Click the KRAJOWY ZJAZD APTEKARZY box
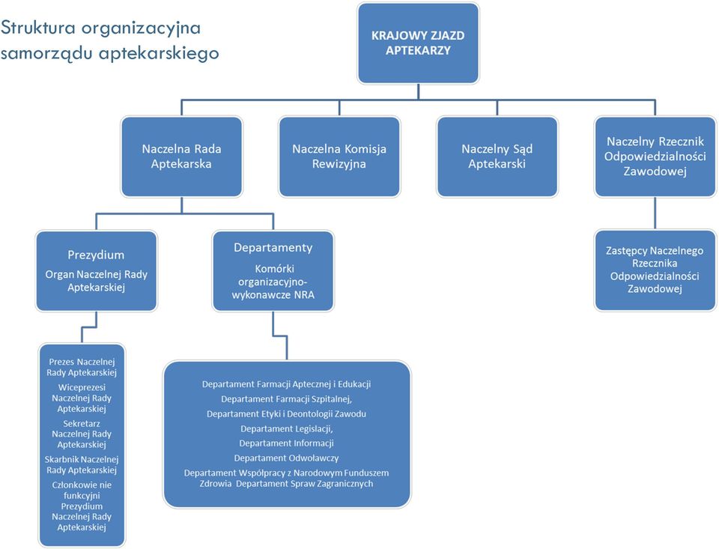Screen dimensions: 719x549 tap(418, 43)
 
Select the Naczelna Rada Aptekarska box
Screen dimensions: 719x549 tap(181, 157)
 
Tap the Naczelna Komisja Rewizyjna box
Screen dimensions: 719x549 tap(339, 157)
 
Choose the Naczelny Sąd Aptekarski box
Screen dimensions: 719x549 tap(497, 157)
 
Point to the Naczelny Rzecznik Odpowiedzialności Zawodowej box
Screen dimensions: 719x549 tap(655, 157)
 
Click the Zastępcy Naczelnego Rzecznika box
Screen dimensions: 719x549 tap(655, 270)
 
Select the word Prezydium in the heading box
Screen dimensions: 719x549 tap(96, 255)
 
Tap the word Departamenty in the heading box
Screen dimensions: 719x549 tap(273, 248)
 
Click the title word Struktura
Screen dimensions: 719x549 tap(38, 28)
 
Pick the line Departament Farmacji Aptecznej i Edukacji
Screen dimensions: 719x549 tap(287, 384)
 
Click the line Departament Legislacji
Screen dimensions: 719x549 tap(287, 429)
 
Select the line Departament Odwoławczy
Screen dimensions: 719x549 tap(287, 458)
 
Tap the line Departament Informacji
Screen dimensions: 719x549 tap(287, 443)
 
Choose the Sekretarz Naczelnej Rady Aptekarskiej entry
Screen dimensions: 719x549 tap(82, 434)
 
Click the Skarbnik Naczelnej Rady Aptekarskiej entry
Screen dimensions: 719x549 tap(82, 464)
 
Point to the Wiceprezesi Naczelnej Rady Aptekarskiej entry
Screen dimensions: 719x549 tap(82, 398)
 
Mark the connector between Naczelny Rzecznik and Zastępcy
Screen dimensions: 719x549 tap(655, 213)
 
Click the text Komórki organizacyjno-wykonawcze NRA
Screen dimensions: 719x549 tap(273, 282)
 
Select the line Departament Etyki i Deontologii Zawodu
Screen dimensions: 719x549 tap(287, 414)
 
